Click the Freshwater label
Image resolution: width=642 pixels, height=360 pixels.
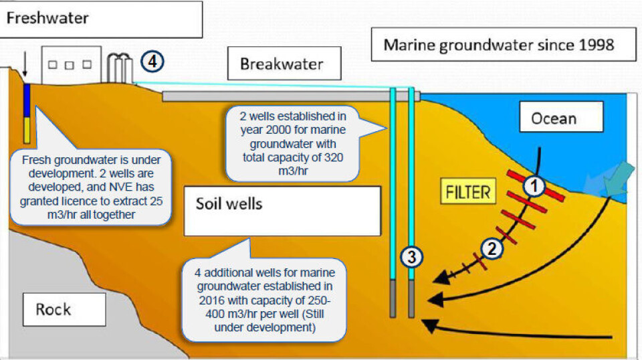[47, 17]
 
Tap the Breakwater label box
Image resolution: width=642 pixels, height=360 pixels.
[282, 64]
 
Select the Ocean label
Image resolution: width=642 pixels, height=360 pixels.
[553, 118]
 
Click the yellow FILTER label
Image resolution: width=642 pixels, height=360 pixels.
[468, 193]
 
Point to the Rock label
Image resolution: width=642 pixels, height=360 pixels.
[53, 309]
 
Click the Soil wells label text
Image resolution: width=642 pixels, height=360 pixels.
[229, 203]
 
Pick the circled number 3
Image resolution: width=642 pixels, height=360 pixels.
[412, 256]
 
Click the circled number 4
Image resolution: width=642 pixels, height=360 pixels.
[152, 62]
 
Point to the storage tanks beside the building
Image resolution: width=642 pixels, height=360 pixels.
[121, 67]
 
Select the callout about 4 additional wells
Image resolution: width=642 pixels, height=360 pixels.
[265, 299]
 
